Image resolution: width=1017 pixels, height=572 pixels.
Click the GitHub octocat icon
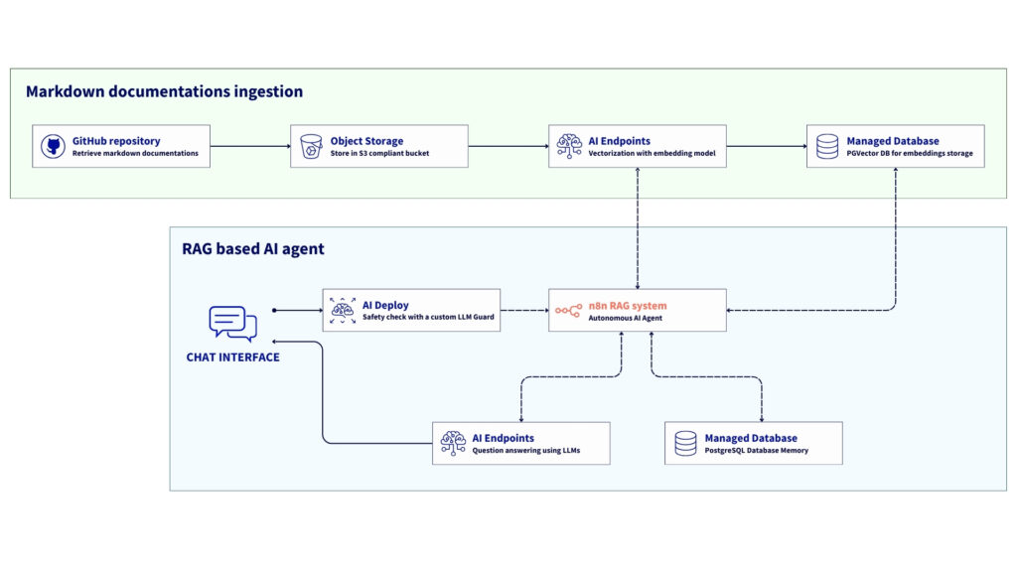tap(52, 146)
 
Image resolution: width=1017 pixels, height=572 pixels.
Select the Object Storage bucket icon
tap(310, 146)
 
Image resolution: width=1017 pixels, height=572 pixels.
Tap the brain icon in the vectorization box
tap(568, 146)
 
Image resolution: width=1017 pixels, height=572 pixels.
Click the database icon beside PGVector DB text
tap(826, 146)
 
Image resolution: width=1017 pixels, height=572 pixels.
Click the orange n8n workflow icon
tap(568, 311)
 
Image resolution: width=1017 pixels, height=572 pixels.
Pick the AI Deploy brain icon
tap(343, 311)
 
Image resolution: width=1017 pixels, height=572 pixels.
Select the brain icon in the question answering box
tap(453, 443)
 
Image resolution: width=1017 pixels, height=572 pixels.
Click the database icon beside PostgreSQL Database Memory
tap(685, 443)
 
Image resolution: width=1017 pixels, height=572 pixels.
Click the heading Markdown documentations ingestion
tap(164, 91)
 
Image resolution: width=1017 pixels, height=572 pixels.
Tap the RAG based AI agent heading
tap(253, 249)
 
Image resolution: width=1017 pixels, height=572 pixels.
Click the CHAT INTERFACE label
tap(232, 357)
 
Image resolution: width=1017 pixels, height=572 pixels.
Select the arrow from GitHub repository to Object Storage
tap(250, 147)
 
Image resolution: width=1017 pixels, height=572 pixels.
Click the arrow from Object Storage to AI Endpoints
tap(508, 147)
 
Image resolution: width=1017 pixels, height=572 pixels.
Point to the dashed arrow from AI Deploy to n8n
tap(524, 311)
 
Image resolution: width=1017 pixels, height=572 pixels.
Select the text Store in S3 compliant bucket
tap(379, 153)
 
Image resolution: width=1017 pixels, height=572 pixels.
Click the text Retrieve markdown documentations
tap(135, 153)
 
